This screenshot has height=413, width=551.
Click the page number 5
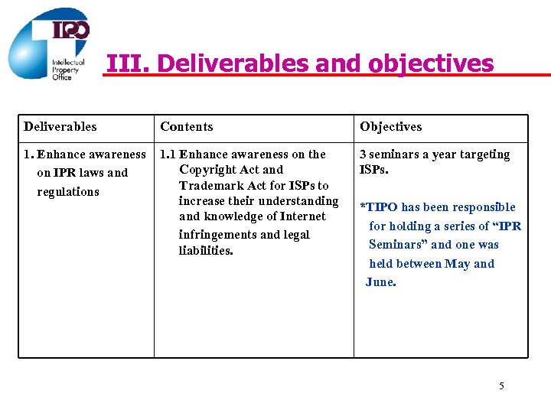pyautogui.click(x=501, y=385)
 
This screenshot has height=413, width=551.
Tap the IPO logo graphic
pyautogui.click(x=50, y=44)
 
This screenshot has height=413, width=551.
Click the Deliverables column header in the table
pyautogui.click(x=60, y=127)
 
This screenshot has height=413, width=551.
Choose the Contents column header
pyautogui.click(x=187, y=127)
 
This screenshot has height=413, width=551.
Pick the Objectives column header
pyautogui.click(x=390, y=127)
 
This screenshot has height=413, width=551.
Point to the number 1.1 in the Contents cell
pyautogui.click(x=168, y=154)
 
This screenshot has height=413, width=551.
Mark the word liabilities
pyautogui.click(x=206, y=251)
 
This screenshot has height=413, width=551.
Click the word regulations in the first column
pyautogui.click(x=68, y=192)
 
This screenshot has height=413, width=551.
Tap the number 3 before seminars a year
pyautogui.click(x=364, y=154)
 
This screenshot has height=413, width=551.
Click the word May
pyautogui.click(x=457, y=264)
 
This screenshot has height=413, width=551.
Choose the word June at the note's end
pyautogui.click(x=380, y=282)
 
